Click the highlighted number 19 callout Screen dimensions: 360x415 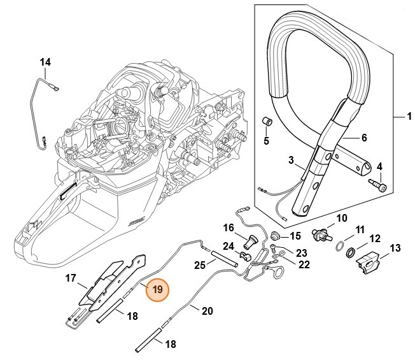click(157, 289)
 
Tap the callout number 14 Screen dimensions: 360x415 click(45, 62)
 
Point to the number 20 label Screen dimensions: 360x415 click(207, 312)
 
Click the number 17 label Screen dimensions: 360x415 click(71, 278)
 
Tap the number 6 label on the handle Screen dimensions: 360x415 click(364, 137)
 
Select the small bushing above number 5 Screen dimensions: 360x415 click(268, 121)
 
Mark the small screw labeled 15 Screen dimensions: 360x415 click(276, 236)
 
